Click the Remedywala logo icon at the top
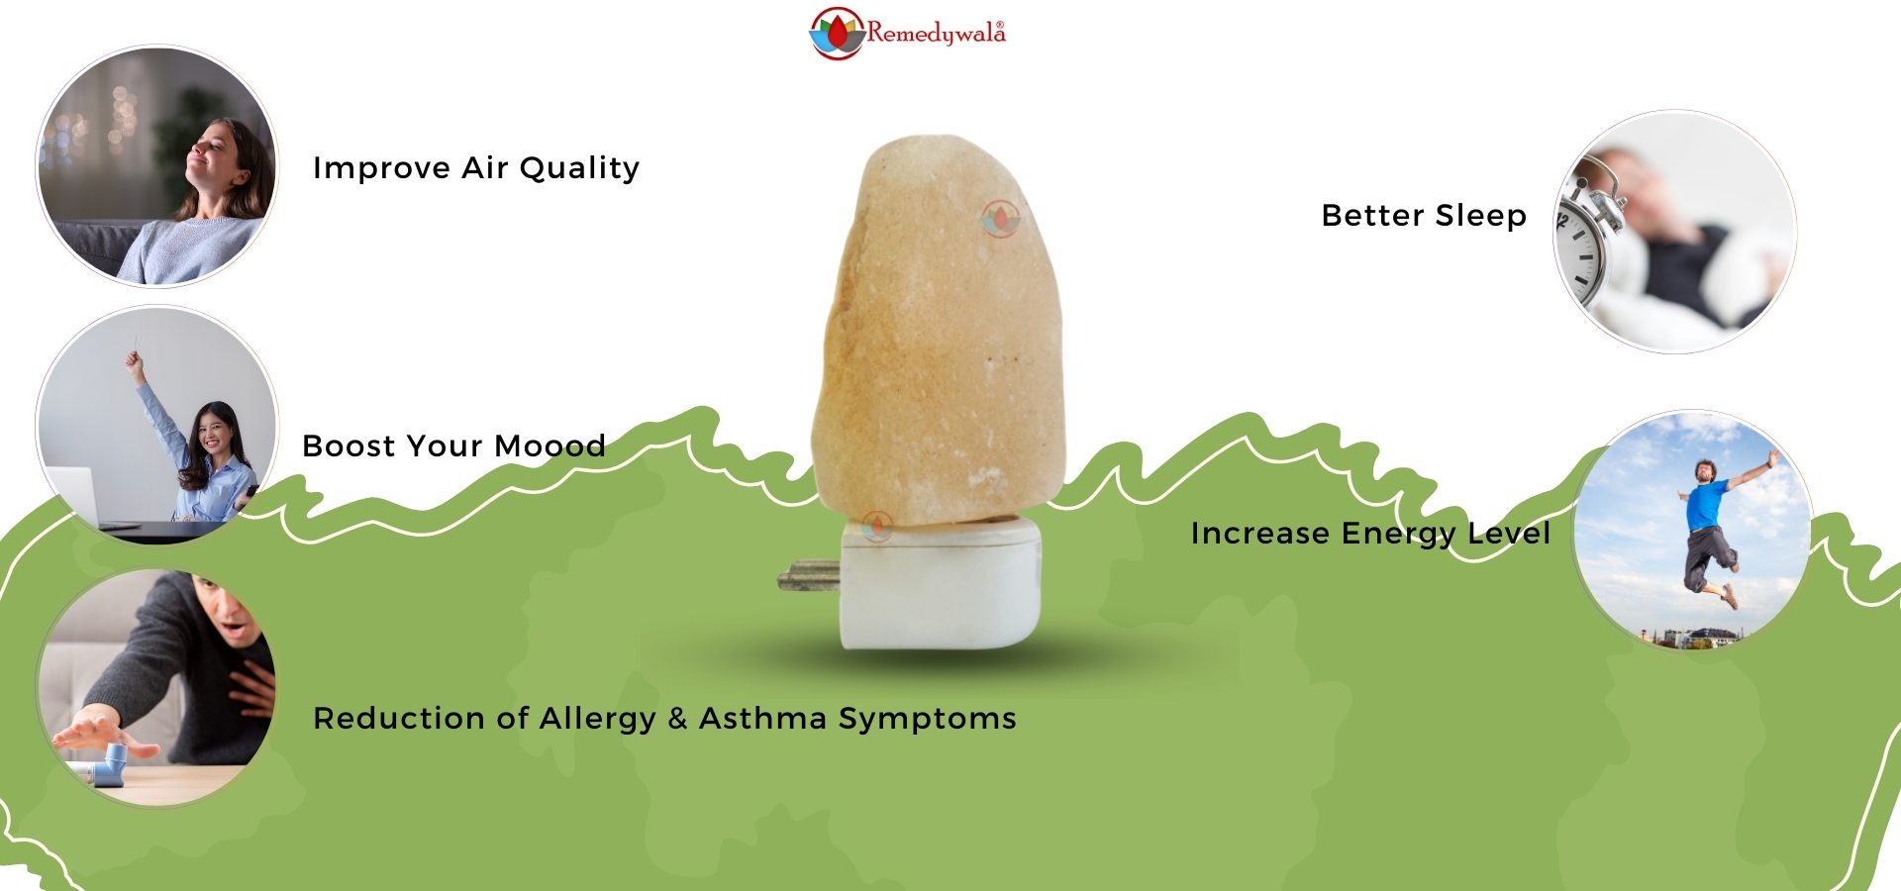(x=838, y=34)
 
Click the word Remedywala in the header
(x=937, y=34)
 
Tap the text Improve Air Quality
(x=476, y=168)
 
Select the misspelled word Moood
(x=550, y=446)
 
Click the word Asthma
(x=762, y=718)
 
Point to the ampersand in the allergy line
(x=677, y=719)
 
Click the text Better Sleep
(x=1424, y=216)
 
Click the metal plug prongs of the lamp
(x=809, y=576)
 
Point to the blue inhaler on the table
(x=107, y=766)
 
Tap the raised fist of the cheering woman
(x=133, y=363)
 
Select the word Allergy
(x=597, y=719)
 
